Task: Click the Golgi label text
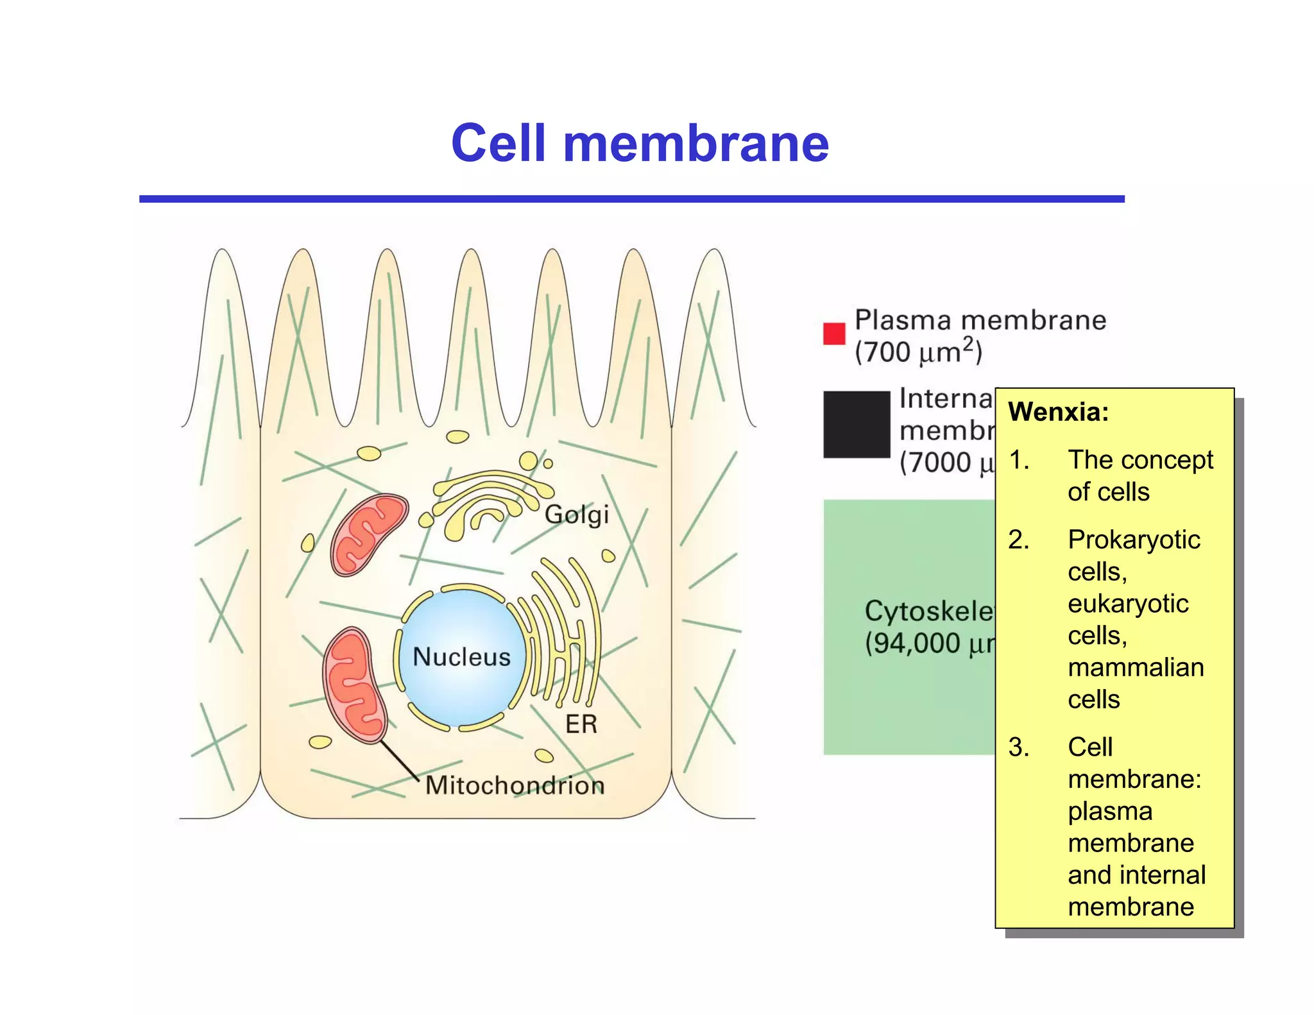tap(576, 515)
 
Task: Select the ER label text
tap(581, 724)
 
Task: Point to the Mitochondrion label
tap(515, 785)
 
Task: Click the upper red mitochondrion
tap(368, 534)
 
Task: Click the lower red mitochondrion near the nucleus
tap(354, 685)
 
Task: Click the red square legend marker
tap(834, 334)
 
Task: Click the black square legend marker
tap(857, 424)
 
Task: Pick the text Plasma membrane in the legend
tap(980, 320)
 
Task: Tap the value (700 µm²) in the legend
tap(918, 352)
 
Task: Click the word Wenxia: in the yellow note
tap(1058, 412)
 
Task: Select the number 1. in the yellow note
tap(1019, 460)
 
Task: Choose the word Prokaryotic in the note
tap(1134, 540)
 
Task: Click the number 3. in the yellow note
tap(1019, 747)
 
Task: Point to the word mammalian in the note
tap(1136, 667)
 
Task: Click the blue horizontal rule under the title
tap(632, 200)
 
